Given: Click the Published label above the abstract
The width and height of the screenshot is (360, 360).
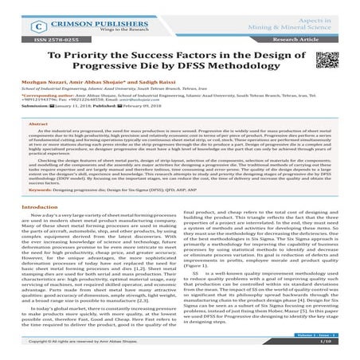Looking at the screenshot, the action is click(97, 115).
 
